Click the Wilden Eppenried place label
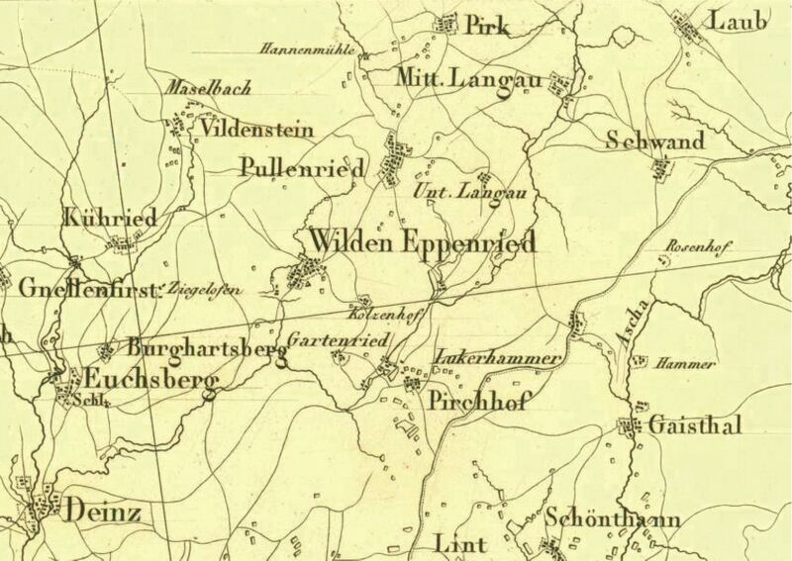[423, 241]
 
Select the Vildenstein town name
[256, 130]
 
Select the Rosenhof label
[698, 247]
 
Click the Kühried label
[95, 217]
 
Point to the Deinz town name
[102, 512]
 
